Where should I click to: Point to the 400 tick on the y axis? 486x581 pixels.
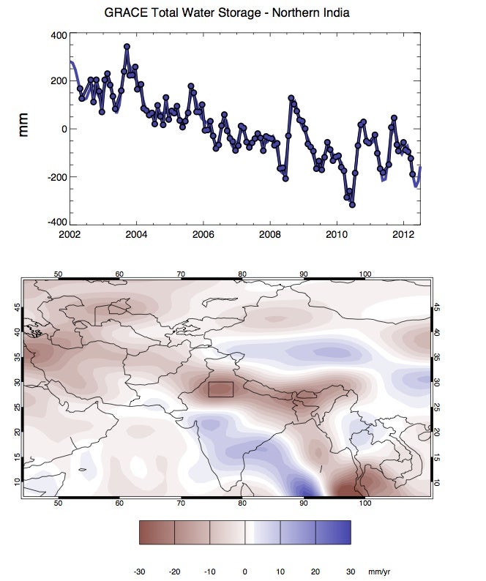click(57, 35)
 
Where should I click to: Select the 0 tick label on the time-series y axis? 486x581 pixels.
click(64, 129)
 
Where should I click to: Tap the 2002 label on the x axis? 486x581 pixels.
click(70, 235)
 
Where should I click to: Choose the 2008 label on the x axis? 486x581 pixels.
click(270, 235)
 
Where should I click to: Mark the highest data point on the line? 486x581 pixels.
click(127, 47)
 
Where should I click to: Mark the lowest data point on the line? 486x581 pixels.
click(352, 205)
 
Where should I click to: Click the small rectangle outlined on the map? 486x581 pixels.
click(220, 389)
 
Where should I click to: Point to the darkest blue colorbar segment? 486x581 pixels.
click(333, 532)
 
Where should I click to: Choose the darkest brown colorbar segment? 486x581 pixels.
click(157, 532)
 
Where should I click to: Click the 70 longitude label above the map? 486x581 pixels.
click(180, 274)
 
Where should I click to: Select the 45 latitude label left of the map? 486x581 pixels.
click(18, 308)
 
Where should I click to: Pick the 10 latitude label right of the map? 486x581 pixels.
click(437, 481)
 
